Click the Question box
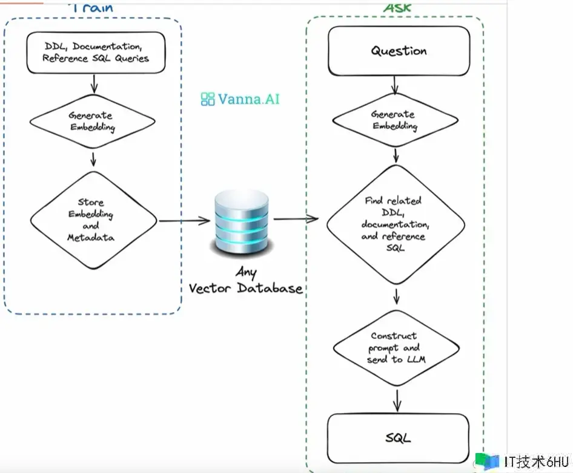tap(399, 51)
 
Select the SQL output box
tap(399, 437)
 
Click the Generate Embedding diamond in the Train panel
tap(91, 121)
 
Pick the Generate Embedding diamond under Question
tap(394, 120)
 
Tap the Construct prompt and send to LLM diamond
tap(394, 347)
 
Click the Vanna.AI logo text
tap(248, 99)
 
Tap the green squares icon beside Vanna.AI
tap(208, 99)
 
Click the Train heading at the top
tap(92, 8)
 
